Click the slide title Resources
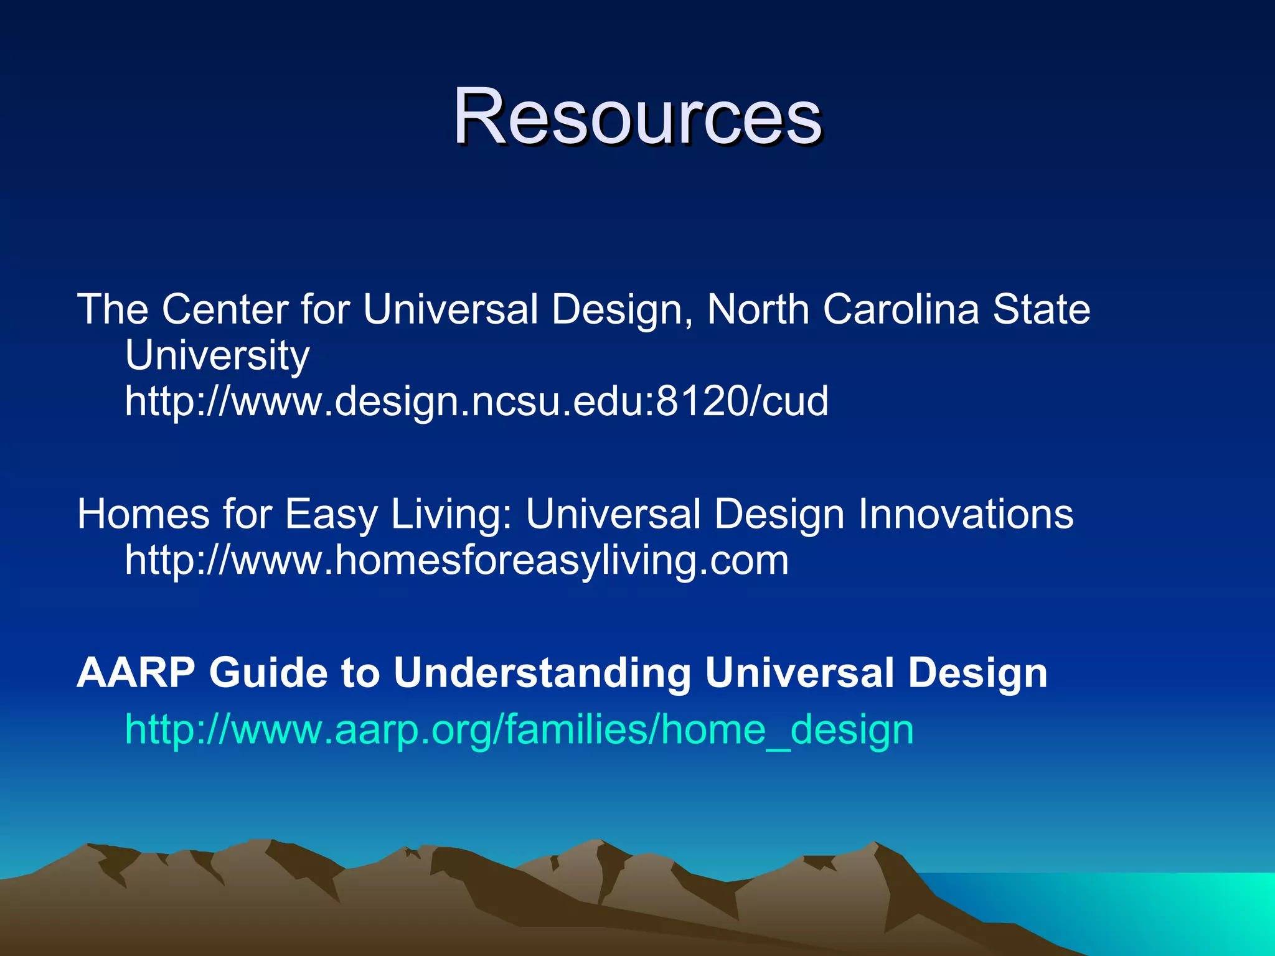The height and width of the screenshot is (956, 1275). (637, 117)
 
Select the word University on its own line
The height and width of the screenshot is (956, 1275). (217, 355)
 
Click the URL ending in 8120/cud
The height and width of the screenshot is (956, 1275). (476, 401)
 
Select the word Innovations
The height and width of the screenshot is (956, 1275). (966, 515)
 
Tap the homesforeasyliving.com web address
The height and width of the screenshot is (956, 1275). (456, 560)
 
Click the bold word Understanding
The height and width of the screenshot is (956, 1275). (542, 673)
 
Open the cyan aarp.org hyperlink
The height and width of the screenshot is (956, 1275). (519, 729)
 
